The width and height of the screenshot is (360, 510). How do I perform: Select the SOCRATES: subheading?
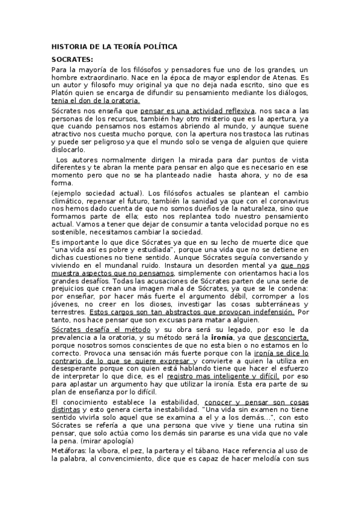point(72,59)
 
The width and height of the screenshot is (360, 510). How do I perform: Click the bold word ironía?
point(242,338)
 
